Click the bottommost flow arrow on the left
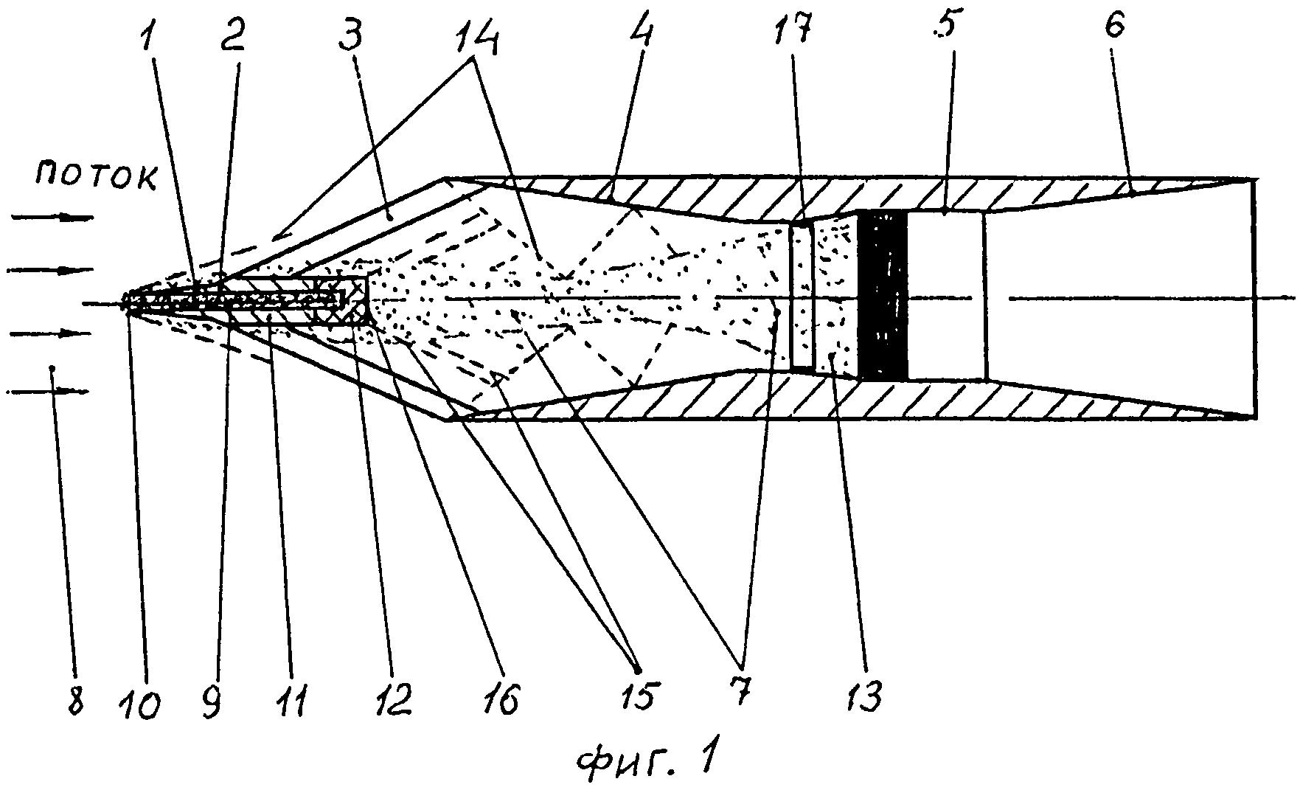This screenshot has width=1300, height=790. click(47, 392)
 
